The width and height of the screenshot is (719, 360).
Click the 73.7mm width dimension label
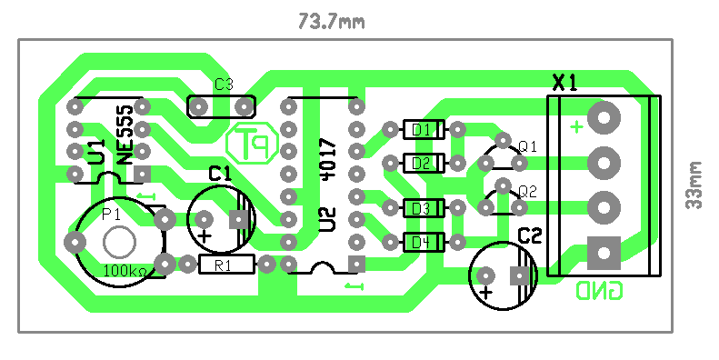(x=332, y=22)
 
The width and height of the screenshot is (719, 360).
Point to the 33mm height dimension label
(x=694, y=185)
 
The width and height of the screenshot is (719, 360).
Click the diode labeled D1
(x=424, y=129)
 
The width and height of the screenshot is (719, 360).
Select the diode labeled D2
(x=424, y=163)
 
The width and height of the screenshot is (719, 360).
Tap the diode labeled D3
(x=424, y=208)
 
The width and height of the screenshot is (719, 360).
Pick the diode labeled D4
(x=424, y=242)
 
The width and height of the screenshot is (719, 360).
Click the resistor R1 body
(x=226, y=265)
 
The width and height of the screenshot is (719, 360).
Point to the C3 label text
(x=224, y=85)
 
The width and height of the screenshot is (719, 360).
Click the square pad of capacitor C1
(x=239, y=219)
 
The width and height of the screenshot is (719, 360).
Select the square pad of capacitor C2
(x=519, y=276)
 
